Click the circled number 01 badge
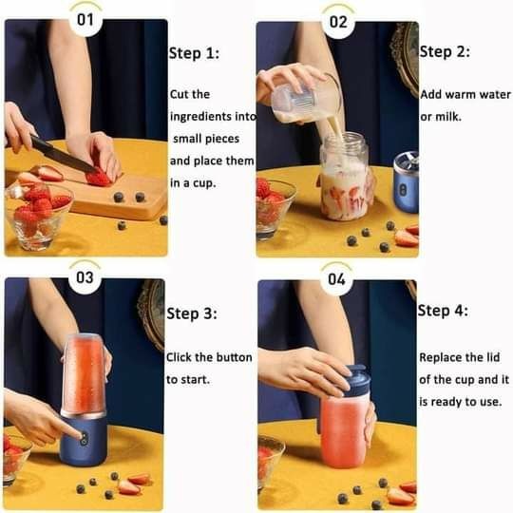click(x=85, y=20)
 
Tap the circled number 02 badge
click(x=338, y=22)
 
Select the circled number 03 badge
click(x=85, y=277)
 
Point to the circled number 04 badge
click(x=336, y=279)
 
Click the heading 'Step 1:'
click(x=194, y=53)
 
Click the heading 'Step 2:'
click(x=445, y=51)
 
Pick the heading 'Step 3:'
click(x=192, y=313)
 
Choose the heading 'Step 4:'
click(x=443, y=311)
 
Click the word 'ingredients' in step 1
click(x=200, y=117)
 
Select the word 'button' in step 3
click(x=235, y=357)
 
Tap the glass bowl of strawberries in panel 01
click(x=38, y=215)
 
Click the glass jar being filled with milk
click(x=345, y=176)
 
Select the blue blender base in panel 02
click(x=406, y=182)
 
